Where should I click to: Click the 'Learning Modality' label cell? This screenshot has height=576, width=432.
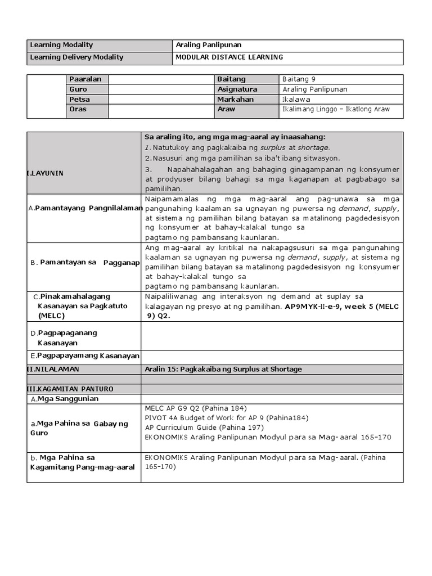coord(62,45)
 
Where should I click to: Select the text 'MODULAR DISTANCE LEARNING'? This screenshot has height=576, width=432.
coord(229,58)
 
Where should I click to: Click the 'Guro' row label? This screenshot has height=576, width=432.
coord(78,89)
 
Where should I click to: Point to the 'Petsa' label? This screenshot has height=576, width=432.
coord(79,100)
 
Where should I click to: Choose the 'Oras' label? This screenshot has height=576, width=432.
coord(78,109)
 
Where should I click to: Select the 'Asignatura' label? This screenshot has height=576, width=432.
coord(237,89)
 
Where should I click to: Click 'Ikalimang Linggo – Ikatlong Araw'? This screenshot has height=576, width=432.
coord(336,109)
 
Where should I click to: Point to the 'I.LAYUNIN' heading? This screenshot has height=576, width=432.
coord(46,173)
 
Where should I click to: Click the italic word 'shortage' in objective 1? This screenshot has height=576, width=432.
coord(314,147)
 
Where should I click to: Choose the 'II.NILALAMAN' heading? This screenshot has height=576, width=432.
coord(53,369)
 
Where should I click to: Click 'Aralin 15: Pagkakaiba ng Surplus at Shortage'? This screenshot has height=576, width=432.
coord(223,369)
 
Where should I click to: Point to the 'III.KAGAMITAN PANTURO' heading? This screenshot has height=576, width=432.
coord(70,389)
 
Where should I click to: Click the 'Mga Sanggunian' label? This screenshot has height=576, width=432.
coord(67,399)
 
